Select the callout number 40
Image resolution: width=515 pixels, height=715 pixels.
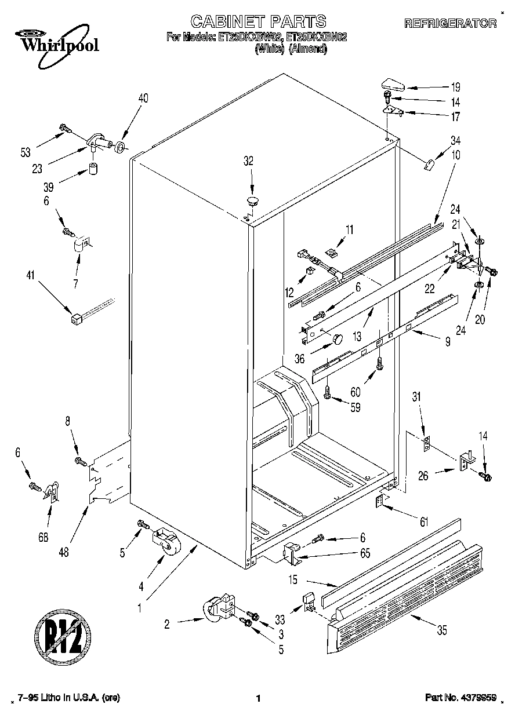pyautogui.click(x=143, y=98)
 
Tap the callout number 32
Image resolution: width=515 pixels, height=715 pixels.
pyautogui.click(x=248, y=162)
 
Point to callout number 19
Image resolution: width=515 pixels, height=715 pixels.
pyautogui.click(x=456, y=87)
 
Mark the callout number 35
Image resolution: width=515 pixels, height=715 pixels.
pyautogui.click(x=442, y=631)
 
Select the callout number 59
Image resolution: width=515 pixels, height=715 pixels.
pyautogui.click(x=355, y=407)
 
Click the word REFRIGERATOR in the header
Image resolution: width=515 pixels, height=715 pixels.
pyautogui.click(x=450, y=23)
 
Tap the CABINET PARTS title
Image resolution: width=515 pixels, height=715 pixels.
pyautogui.click(x=258, y=22)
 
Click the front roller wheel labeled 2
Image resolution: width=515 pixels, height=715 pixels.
pyautogui.click(x=218, y=608)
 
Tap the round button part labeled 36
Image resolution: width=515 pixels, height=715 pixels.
pyautogui.click(x=337, y=338)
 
